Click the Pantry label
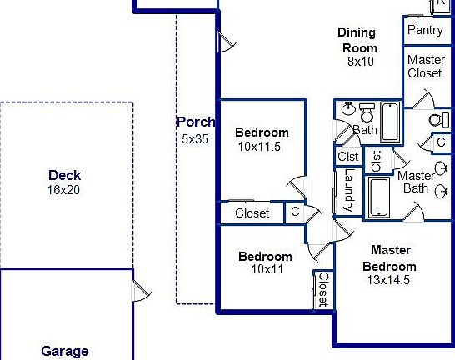pos(425,30)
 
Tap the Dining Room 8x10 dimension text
pos(361,62)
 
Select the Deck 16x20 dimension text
pos(63,190)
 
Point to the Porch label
pos(196,122)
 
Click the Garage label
pos(65,352)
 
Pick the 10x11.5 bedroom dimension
pos(259,147)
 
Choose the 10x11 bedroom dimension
pos(267,269)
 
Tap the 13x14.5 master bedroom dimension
pos(388,280)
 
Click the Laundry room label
pos(349,190)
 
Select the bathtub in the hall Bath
pos(390,122)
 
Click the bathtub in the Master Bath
pos(379,197)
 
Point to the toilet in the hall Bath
pos(367,113)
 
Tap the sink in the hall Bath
pos(348,109)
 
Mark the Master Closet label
pos(426,67)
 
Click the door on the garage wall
pos(142,290)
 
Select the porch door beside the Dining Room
pos(227,42)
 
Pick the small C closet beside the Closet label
pos(295,212)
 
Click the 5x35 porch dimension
pos(195,139)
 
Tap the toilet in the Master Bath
pos(439,120)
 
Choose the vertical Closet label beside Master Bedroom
pos(324,289)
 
